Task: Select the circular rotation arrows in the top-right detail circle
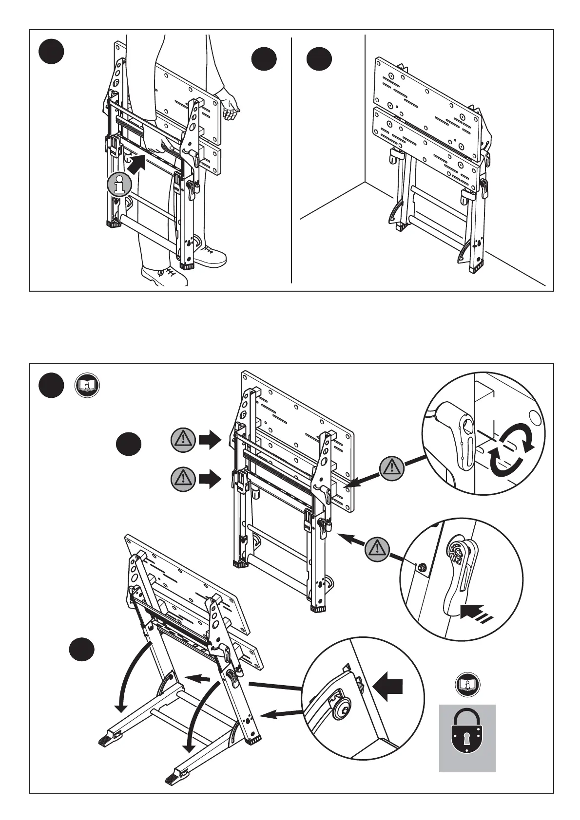click(x=511, y=450)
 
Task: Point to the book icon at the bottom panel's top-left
click(x=87, y=386)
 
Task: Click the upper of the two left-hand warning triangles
click(x=183, y=440)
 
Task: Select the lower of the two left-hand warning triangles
click(x=183, y=479)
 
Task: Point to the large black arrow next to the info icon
click(x=137, y=163)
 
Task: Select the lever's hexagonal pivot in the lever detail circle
click(x=458, y=549)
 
